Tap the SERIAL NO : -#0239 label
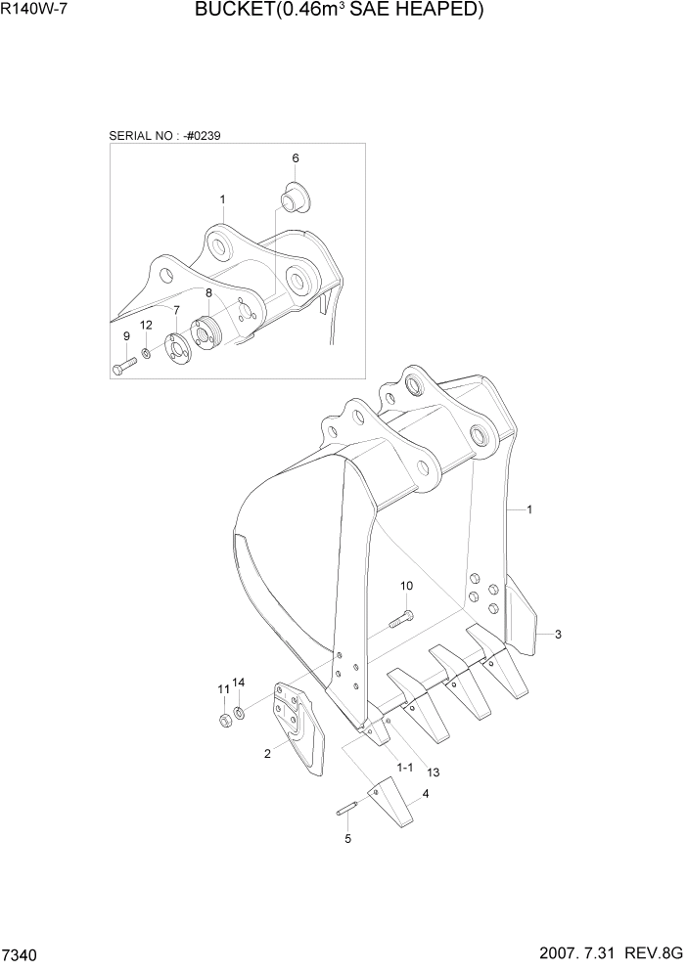tap(164, 135)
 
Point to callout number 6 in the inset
tap(295, 157)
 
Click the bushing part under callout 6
tap(292, 196)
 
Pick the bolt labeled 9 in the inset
tap(124, 367)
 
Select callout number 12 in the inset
tap(145, 325)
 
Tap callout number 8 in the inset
tap(208, 291)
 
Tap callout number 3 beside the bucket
tap(558, 635)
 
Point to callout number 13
tap(433, 772)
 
